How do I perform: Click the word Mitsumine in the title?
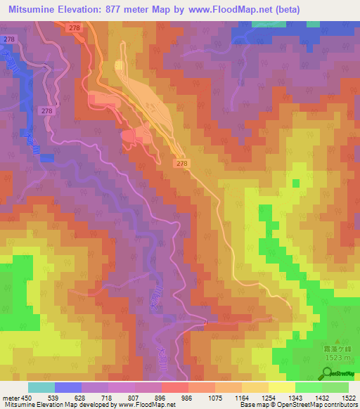coord(34,9)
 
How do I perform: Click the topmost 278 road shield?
coord(74,27)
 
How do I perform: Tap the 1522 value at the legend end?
coord(347,398)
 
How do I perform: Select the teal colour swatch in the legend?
coord(41,387)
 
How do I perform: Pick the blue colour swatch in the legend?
coord(67,387)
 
